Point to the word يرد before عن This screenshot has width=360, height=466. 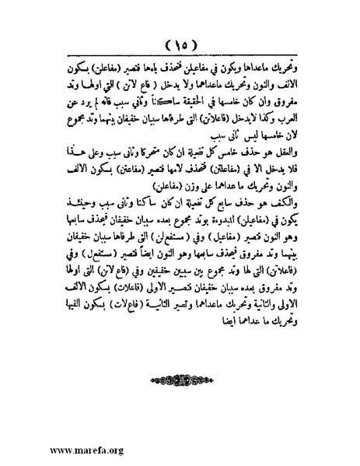coord(79,100)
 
